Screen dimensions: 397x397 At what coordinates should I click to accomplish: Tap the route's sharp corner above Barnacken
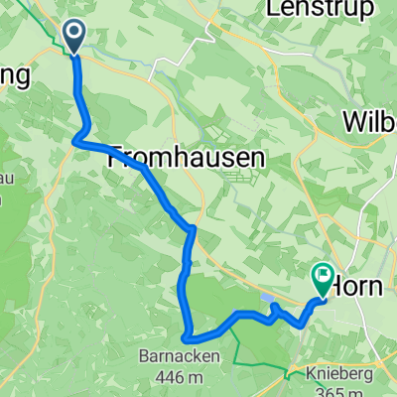click(x=186, y=337)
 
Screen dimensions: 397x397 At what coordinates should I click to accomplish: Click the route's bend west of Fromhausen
click(x=76, y=142)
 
